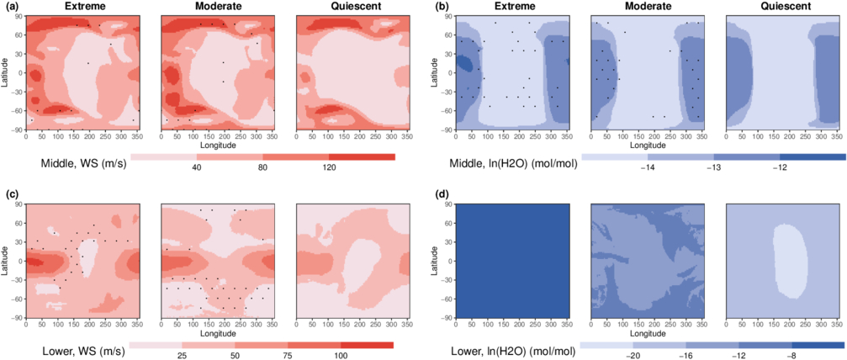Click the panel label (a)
coord(11,7)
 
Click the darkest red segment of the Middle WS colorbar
coord(362,156)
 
